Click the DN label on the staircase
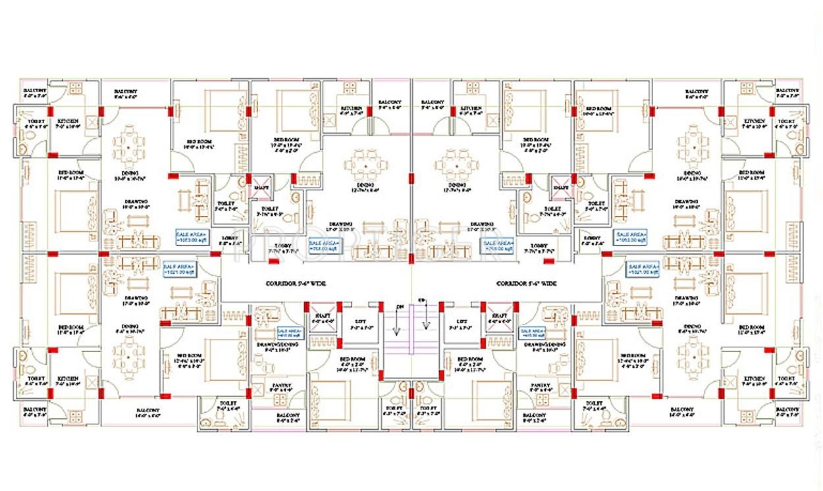click(x=400, y=307)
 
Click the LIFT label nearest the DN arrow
click(x=361, y=323)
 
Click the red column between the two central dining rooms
click(x=411, y=177)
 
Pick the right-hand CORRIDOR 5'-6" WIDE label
click(x=527, y=284)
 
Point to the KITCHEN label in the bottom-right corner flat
click(x=755, y=380)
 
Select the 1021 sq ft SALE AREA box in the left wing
click(x=180, y=268)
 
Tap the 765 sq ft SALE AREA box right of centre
click(x=495, y=245)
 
